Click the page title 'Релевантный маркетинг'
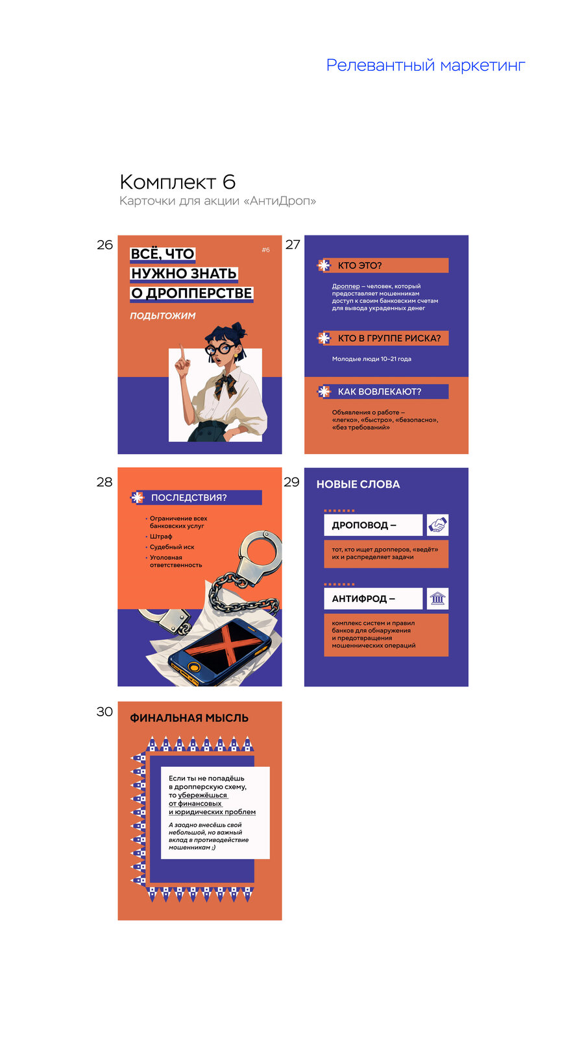(426, 66)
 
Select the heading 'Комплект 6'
(178, 182)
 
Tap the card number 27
(293, 245)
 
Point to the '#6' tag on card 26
(265, 250)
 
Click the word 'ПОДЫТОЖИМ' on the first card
(163, 316)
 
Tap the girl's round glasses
(220, 348)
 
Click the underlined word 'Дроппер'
(346, 286)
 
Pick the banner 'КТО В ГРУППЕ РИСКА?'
(383, 338)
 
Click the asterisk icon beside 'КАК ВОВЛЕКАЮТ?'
(324, 392)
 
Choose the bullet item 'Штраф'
(161, 537)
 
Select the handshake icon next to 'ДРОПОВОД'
(437, 525)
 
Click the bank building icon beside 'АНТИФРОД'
(437, 599)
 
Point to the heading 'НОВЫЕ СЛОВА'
(358, 484)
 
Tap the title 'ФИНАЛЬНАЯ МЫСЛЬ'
(189, 718)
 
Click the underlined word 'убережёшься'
(202, 795)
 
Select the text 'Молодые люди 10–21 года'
(372, 359)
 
